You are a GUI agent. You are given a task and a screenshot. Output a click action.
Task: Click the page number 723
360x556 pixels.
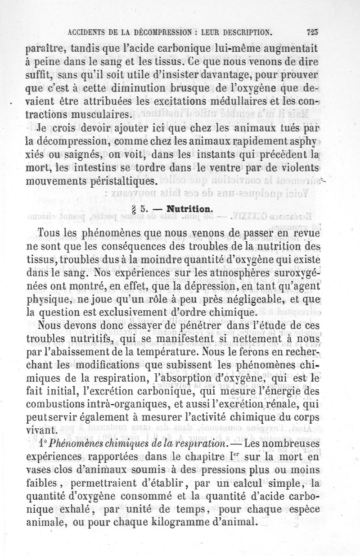[312, 32]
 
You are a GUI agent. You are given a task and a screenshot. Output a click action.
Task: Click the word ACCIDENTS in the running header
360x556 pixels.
[87, 32]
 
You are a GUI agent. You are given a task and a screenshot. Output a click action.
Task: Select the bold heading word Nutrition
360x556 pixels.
[188, 209]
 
